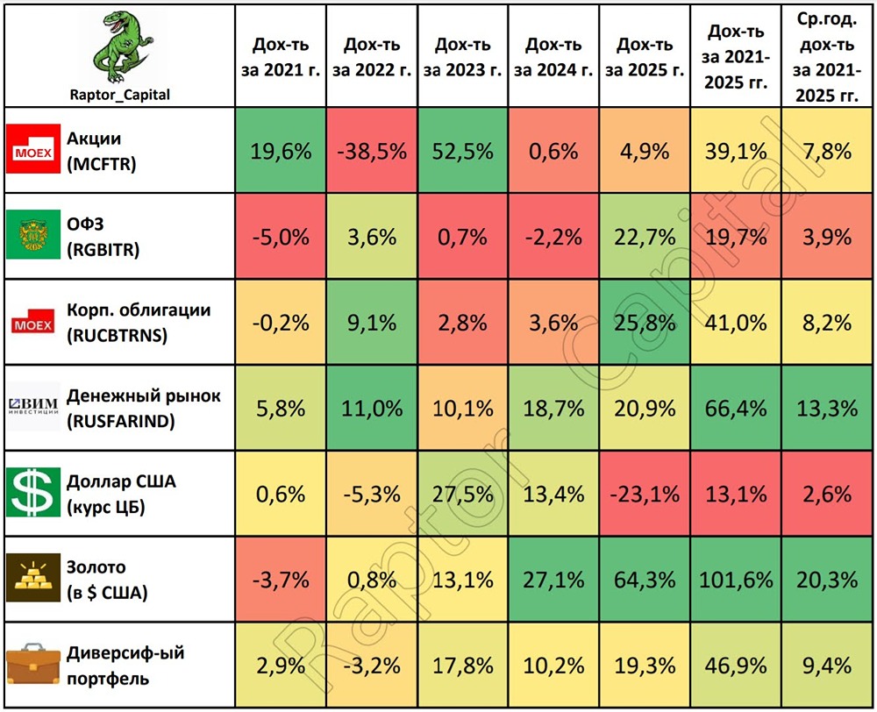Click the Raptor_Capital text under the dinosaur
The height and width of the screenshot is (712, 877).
point(120,95)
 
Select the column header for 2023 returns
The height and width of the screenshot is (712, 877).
point(462,57)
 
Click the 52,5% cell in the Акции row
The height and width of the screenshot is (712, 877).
point(462,151)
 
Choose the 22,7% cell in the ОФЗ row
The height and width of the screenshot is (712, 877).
point(645,237)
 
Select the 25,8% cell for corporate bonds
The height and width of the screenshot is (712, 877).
point(645,322)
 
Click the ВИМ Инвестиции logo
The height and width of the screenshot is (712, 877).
point(32,408)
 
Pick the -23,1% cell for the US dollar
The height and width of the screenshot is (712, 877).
point(645,493)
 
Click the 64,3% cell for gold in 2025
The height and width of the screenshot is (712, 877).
point(645,579)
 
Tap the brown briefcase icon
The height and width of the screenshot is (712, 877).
point(32,665)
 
